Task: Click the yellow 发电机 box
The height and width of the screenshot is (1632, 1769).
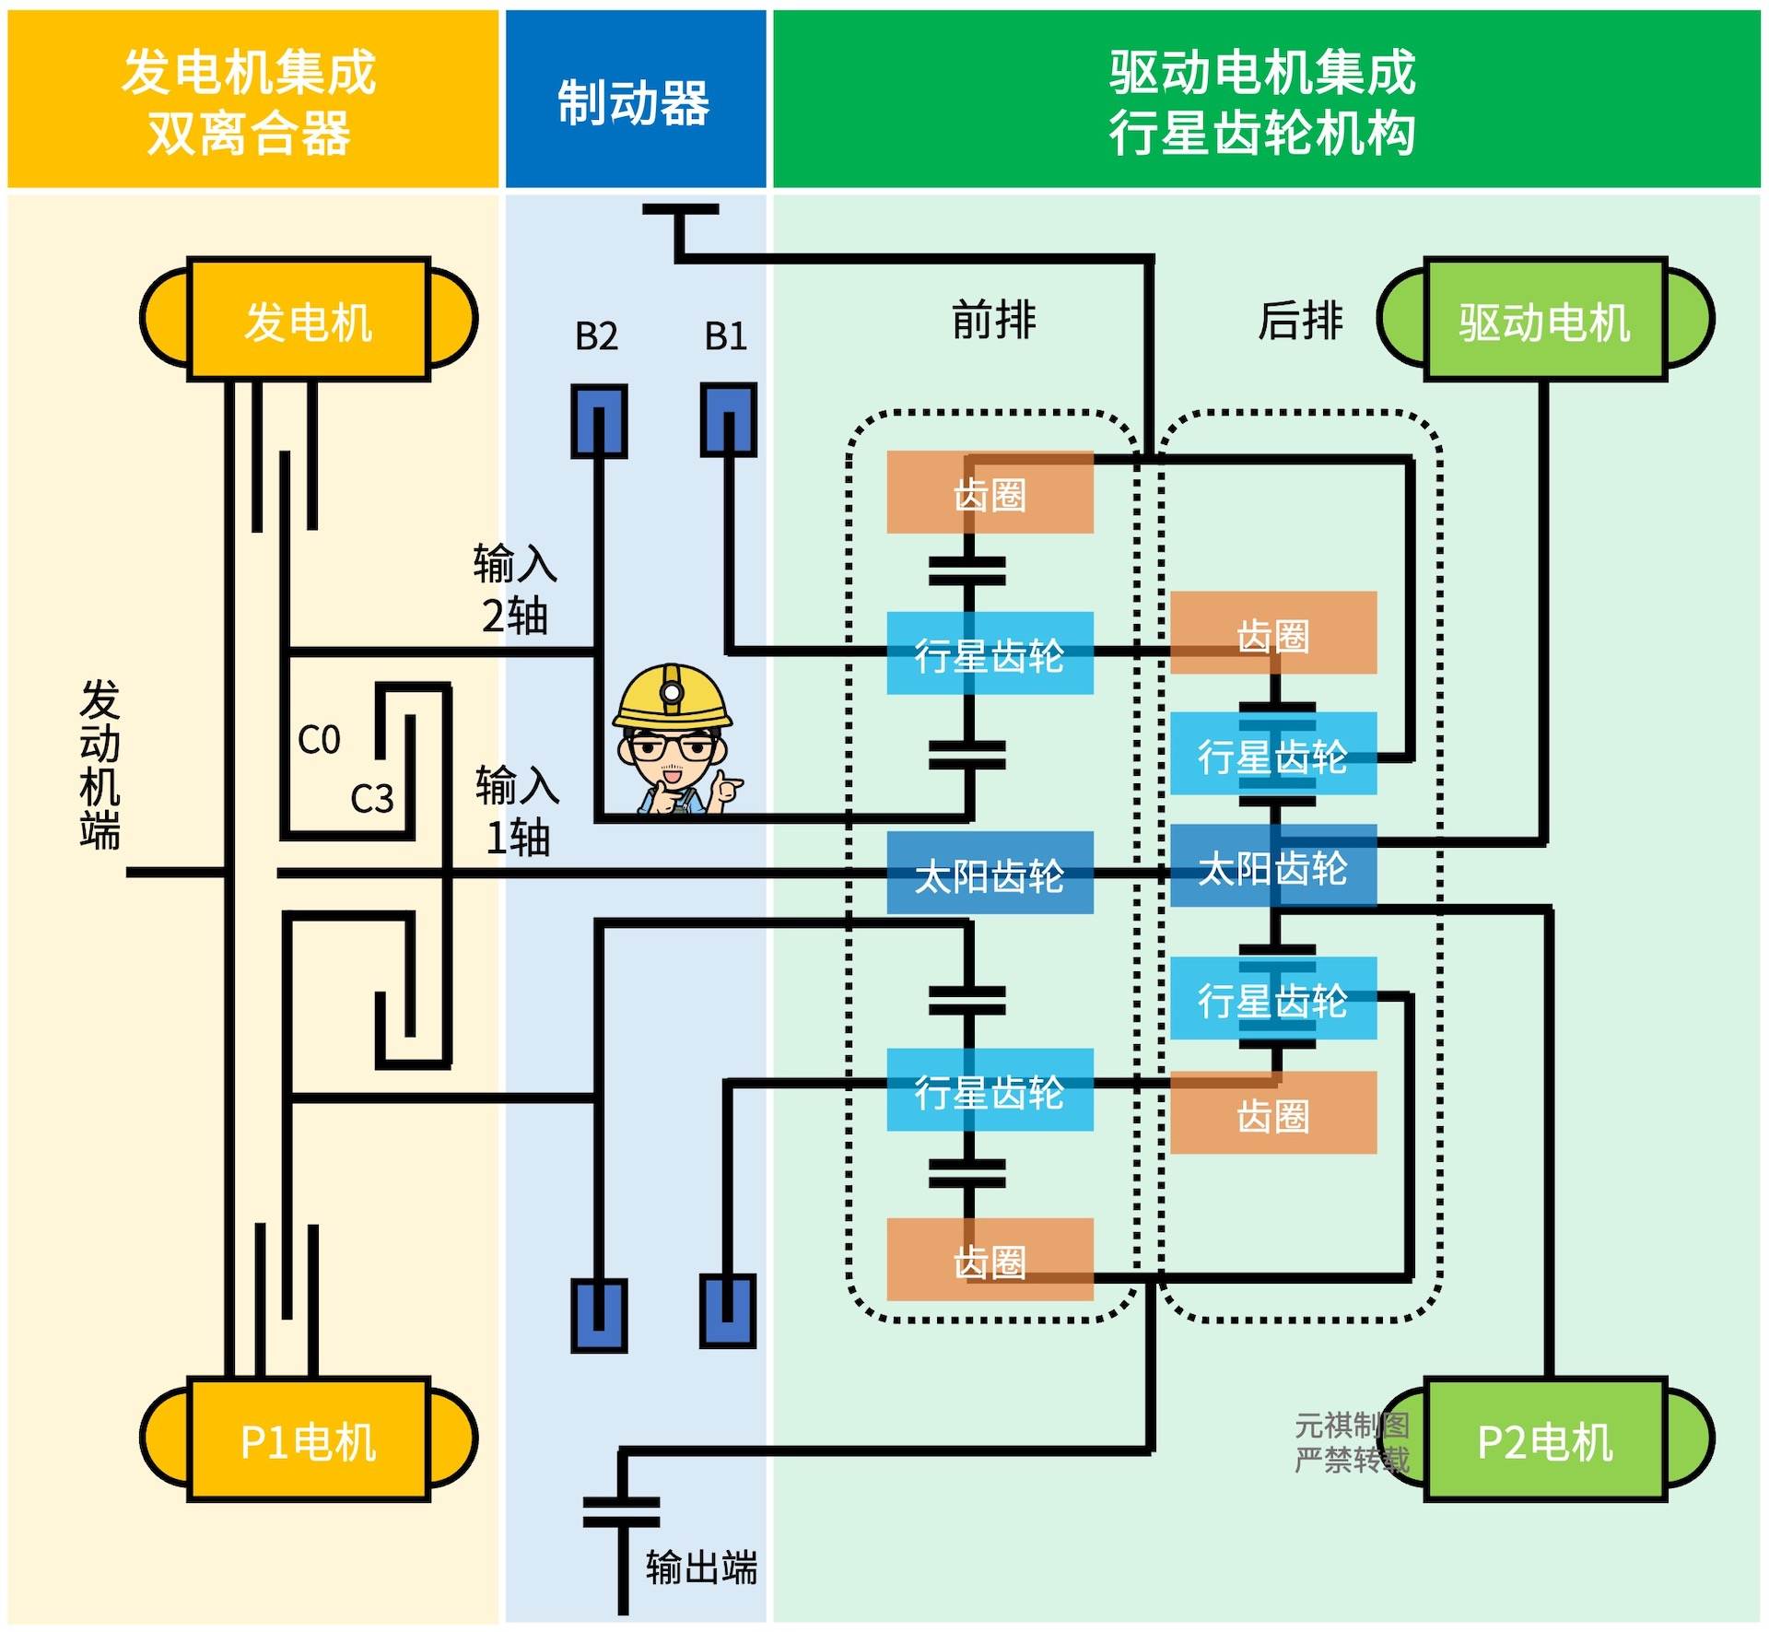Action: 309,320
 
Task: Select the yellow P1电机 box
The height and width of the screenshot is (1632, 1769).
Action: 309,1439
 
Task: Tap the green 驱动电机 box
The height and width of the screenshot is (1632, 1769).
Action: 1545,320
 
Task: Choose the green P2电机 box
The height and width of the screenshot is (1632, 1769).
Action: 1545,1439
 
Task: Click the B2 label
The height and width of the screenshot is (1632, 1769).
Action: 596,336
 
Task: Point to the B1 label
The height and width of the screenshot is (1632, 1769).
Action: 726,336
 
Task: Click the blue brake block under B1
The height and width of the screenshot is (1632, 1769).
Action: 729,420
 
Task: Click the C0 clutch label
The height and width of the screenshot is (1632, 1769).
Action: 319,740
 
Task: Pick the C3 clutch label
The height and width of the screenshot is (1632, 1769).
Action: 372,799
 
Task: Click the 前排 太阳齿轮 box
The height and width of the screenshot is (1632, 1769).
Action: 990,874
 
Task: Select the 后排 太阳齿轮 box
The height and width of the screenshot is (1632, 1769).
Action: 1273,866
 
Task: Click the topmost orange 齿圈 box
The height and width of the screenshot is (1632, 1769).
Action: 990,492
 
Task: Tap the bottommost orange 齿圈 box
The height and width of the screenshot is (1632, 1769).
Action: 990,1260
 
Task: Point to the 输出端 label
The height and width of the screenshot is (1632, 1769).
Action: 701,1567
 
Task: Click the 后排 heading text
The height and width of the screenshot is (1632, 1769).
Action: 1300,320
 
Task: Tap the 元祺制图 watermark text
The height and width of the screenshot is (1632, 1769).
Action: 1352,1425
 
